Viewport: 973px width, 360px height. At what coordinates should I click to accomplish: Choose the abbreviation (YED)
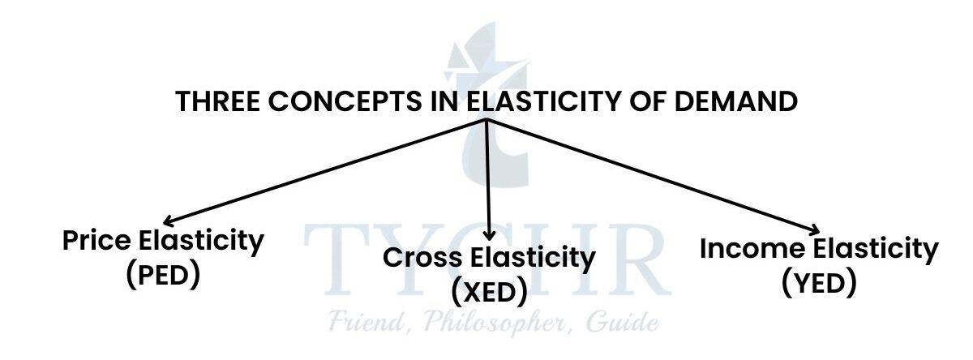click(819, 282)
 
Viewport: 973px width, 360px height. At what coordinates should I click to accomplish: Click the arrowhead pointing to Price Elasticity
click(168, 221)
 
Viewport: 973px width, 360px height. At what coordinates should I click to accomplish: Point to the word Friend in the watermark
click(362, 324)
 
